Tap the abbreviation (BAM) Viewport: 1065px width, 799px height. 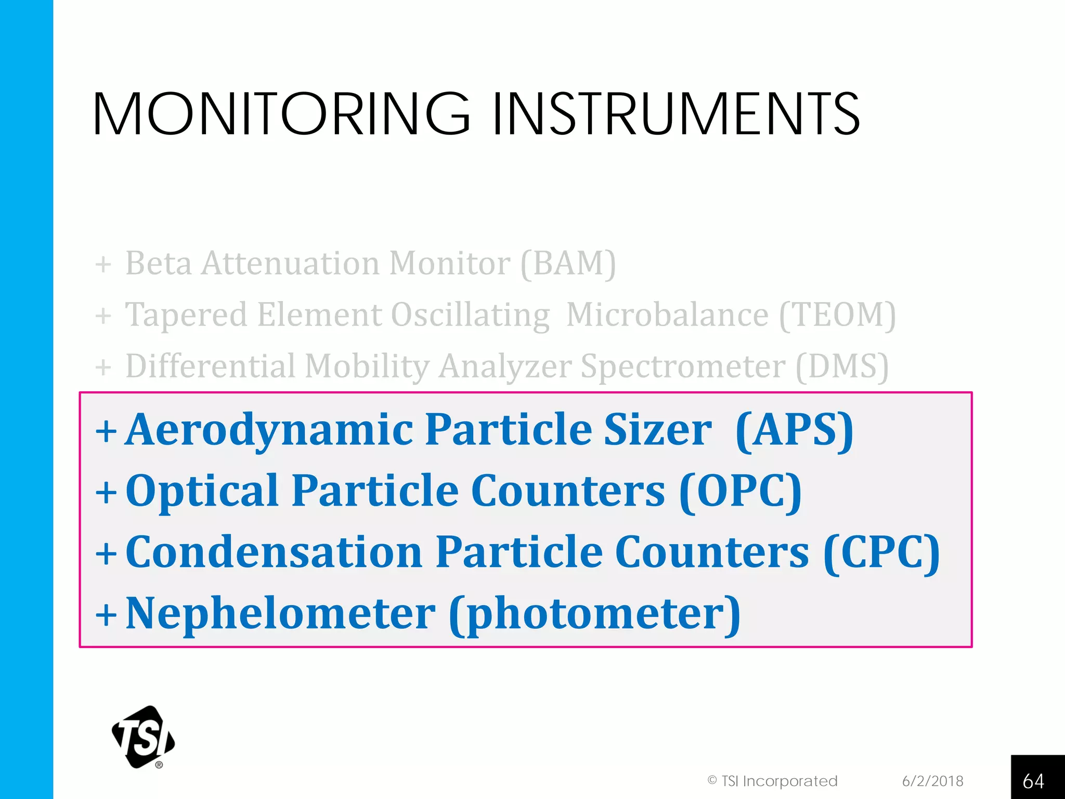(568, 263)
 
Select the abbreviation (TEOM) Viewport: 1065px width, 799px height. (837, 315)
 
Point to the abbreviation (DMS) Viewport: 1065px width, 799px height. (842, 366)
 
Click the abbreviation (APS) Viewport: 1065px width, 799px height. (795, 430)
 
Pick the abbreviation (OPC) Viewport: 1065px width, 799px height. (741, 491)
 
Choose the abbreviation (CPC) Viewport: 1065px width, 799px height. (882, 552)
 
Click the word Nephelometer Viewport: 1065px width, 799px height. (280, 613)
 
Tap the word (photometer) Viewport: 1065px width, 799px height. (595, 614)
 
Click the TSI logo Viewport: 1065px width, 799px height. (143, 737)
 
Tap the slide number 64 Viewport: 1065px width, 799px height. (1033, 781)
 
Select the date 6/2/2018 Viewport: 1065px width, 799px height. (932, 781)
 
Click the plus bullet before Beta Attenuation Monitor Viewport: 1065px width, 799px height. (103, 264)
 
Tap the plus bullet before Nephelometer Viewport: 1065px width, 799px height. (106, 615)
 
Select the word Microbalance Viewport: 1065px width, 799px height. (667, 315)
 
